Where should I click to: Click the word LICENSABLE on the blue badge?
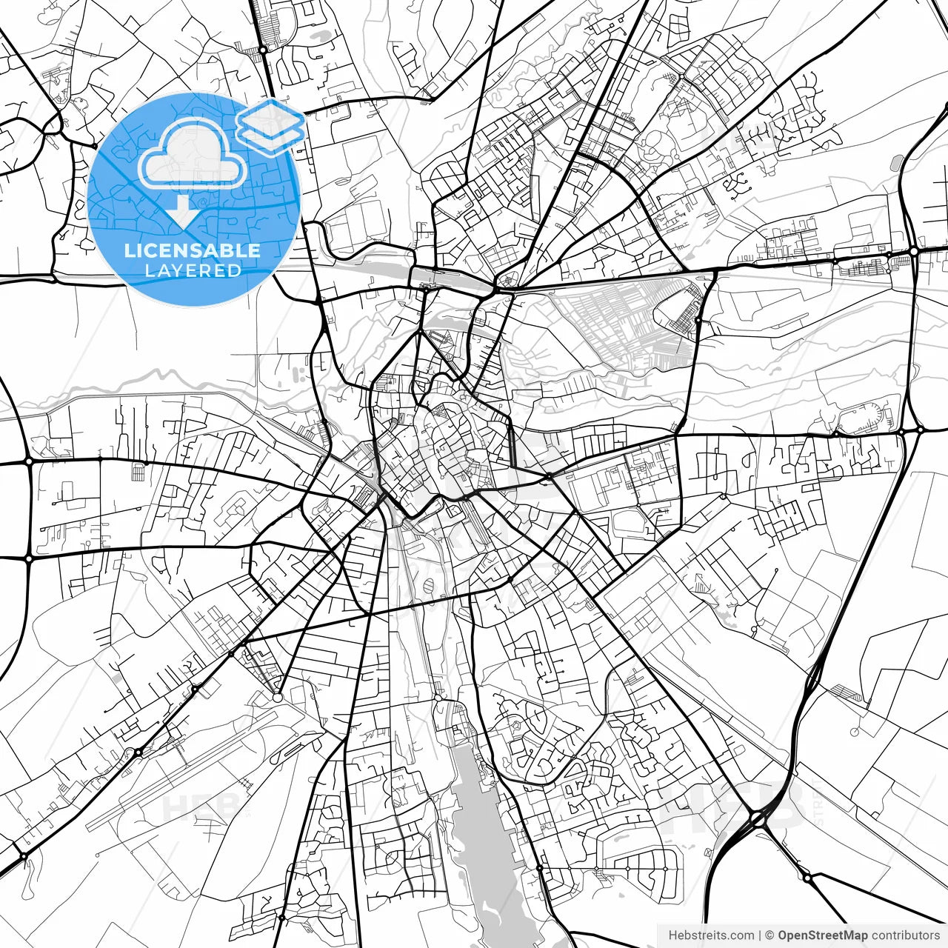[x=193, y=250]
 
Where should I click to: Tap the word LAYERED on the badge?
[x=193, y=271]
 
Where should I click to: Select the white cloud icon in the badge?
[x=193, y=156]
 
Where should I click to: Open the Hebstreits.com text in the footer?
[x=711, y=935]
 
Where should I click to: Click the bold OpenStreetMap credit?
[x=823, y=935]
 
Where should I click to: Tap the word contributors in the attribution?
[x=905, y=935]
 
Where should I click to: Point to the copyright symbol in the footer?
[x=770, y=935]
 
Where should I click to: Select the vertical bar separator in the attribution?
[x=761, y=935]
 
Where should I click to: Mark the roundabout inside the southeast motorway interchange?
[x=757, y=818]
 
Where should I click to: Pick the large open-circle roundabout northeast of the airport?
[x=277, y=697]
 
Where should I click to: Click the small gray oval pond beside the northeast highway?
[x=898, y=163]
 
